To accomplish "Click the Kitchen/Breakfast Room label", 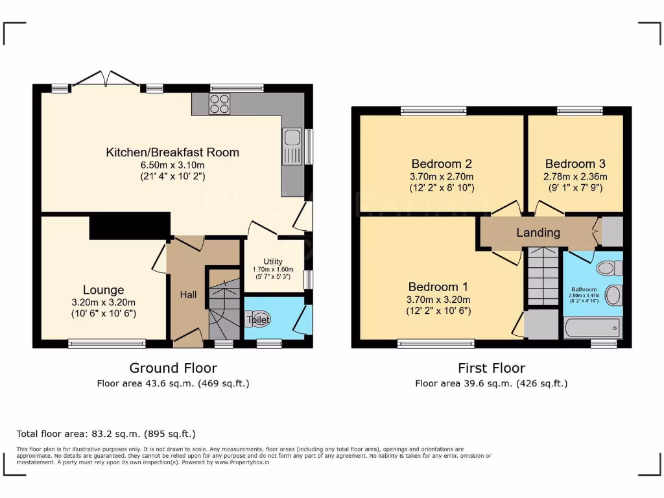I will point(172,153).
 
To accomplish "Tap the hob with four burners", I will point(219,104).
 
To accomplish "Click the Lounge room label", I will point(103,290).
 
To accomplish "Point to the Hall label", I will point(188,294).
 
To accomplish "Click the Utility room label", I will point(273,261).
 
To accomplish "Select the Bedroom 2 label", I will point(441,164).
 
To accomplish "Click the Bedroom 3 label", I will point(575,164).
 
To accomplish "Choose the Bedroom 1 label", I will point(438,287).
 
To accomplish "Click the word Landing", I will point(538,233).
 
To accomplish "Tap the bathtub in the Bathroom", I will point(593,327).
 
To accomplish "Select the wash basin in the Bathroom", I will point(613,296).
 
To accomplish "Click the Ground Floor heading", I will point(173,368).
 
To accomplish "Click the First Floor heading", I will point(492,368).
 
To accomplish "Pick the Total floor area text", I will point(106,434).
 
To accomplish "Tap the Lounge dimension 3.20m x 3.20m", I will point(103,302).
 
